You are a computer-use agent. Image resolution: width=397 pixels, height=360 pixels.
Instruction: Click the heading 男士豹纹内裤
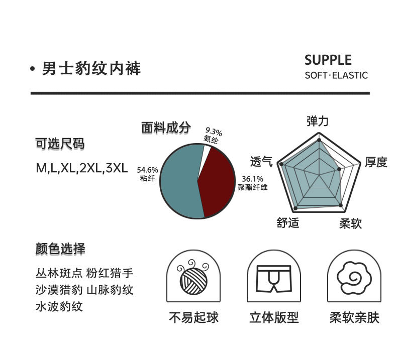click(91, 68)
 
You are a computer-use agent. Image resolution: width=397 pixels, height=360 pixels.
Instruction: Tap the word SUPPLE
click(328, 60)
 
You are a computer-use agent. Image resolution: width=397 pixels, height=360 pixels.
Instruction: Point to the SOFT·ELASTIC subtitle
click(336, 76)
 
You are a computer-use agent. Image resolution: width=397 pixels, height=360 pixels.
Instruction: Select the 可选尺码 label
click(60, 144)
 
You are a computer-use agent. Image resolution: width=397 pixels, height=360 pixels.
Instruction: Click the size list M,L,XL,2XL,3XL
click(81, 167)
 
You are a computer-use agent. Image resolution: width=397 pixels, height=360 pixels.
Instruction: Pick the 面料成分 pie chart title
click(166, 128)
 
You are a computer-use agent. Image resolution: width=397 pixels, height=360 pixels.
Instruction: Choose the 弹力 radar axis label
click(318, 121)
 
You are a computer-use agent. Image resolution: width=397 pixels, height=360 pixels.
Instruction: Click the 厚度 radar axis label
click(376, 162)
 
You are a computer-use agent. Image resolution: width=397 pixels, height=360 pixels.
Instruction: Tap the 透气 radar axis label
click(261, 162)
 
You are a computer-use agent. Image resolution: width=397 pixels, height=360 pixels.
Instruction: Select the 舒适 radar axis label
click(287, 223)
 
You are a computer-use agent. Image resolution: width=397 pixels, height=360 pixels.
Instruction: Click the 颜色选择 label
click(60, 249)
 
